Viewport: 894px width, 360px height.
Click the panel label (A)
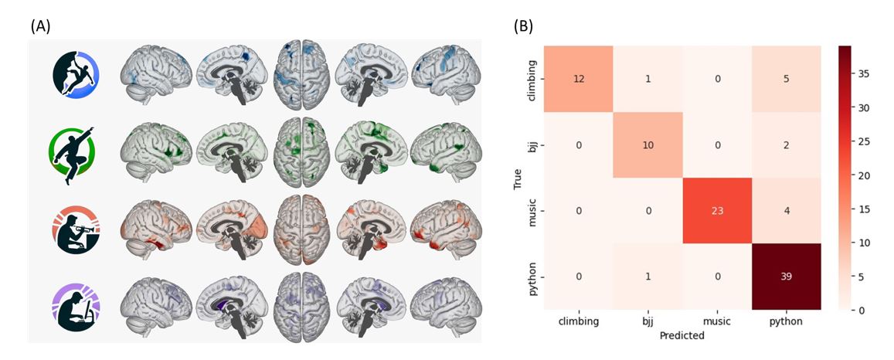tap(40, 27)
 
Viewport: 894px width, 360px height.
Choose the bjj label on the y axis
tap(533, 144)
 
